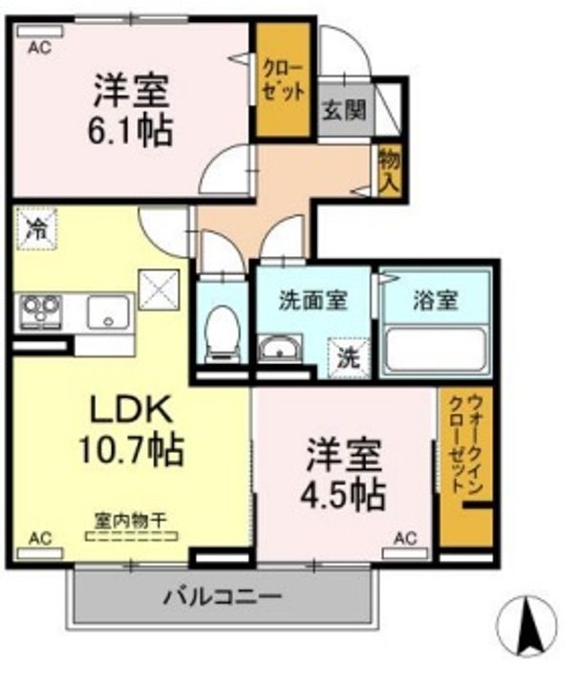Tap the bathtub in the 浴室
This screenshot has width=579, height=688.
[x=436, y=350]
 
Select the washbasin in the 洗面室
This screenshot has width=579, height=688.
[x=279, y=349]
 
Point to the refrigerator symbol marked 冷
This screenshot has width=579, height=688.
[x=36, y=228]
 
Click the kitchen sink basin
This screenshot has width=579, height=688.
[x=108, y=312]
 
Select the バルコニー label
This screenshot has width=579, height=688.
[x=222, y=597]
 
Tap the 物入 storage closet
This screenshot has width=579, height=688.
[x=390, y=171]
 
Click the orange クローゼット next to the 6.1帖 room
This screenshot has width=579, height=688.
[x=284, y=79]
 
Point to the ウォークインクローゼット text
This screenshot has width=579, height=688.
[x=466, y=444]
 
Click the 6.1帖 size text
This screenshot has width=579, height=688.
[x=130, y=132]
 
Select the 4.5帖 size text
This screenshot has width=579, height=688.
[x=343, y=496]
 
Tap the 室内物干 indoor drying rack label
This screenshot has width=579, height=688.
[x=131, y=521]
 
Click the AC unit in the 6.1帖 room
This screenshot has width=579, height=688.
[x=40, y=32]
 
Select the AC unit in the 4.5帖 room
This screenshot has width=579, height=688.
[x=405, y=553]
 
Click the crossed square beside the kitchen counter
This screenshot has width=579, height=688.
[x=159, y=290]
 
